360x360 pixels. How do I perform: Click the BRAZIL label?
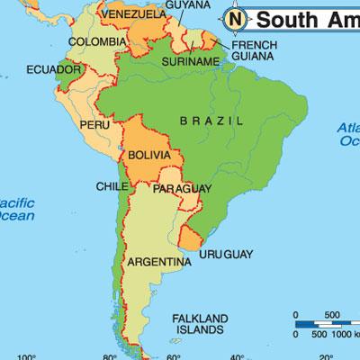pos(211,120)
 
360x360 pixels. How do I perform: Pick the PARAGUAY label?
pos(182,188)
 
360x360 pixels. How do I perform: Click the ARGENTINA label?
pos(158,262)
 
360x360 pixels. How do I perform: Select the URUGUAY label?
pos(226,255)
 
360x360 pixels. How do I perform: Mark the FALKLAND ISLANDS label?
pos(202,324)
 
